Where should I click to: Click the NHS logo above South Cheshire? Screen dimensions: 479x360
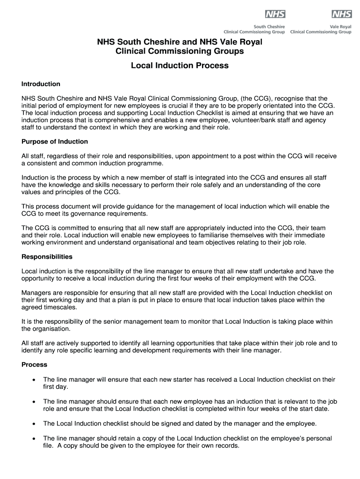[x=275, y=14]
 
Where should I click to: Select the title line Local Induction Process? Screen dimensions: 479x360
[x=180, y=65]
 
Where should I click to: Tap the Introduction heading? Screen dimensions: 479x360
[x=41, y=84]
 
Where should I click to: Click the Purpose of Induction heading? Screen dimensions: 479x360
[x=55, y=141]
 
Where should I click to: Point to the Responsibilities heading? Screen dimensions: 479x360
[x=47, y=257]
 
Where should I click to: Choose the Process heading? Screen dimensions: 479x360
[x=35, y=364]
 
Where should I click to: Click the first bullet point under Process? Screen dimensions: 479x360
[x=34, y=379]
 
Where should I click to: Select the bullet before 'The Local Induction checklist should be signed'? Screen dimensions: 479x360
[x=34, y=424]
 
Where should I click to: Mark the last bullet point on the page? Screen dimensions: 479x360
[x=34, y=439]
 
